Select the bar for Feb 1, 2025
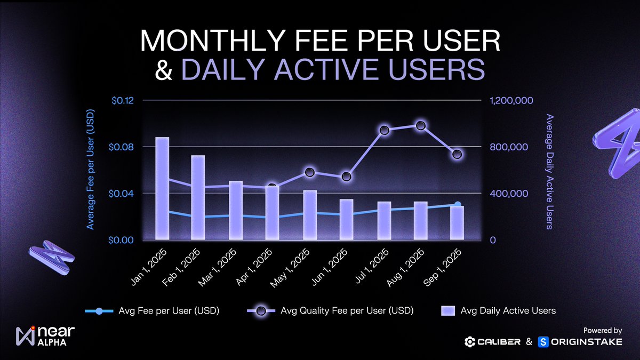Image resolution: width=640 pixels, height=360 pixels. (x=198, y=197)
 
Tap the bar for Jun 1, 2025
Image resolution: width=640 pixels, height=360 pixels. (x=347, y=219)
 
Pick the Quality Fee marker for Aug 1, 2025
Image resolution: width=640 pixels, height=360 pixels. (x=420, y=126)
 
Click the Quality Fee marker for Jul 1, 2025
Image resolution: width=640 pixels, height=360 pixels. (x=383, y=131)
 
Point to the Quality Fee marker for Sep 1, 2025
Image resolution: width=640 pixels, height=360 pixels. (x=457, y=155)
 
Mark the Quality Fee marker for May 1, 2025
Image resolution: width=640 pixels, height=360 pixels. (x=310, y=172)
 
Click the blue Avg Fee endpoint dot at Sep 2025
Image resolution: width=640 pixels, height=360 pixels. (x=457, y=205)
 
